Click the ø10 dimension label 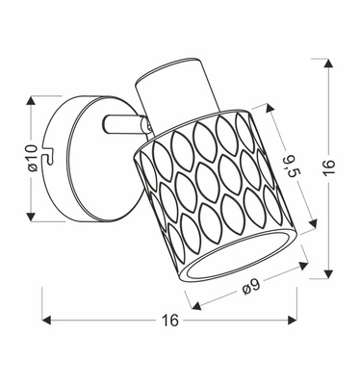32,160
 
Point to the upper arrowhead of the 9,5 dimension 270,113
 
